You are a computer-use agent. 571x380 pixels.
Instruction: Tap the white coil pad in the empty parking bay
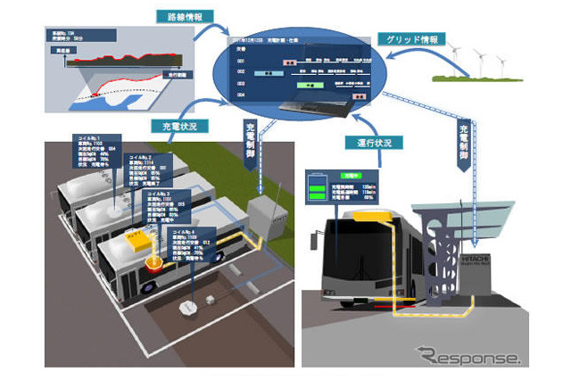pos(189,308)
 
